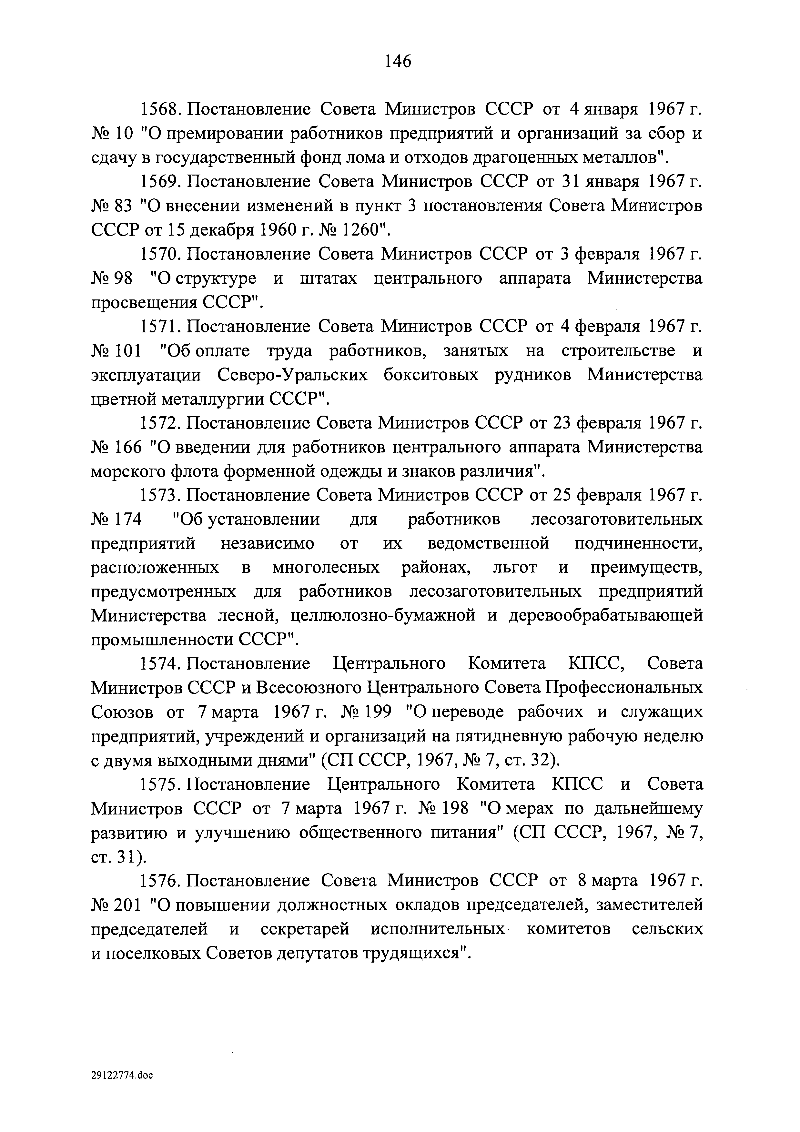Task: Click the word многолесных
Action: pyautogui.click(x=326, y=568)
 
